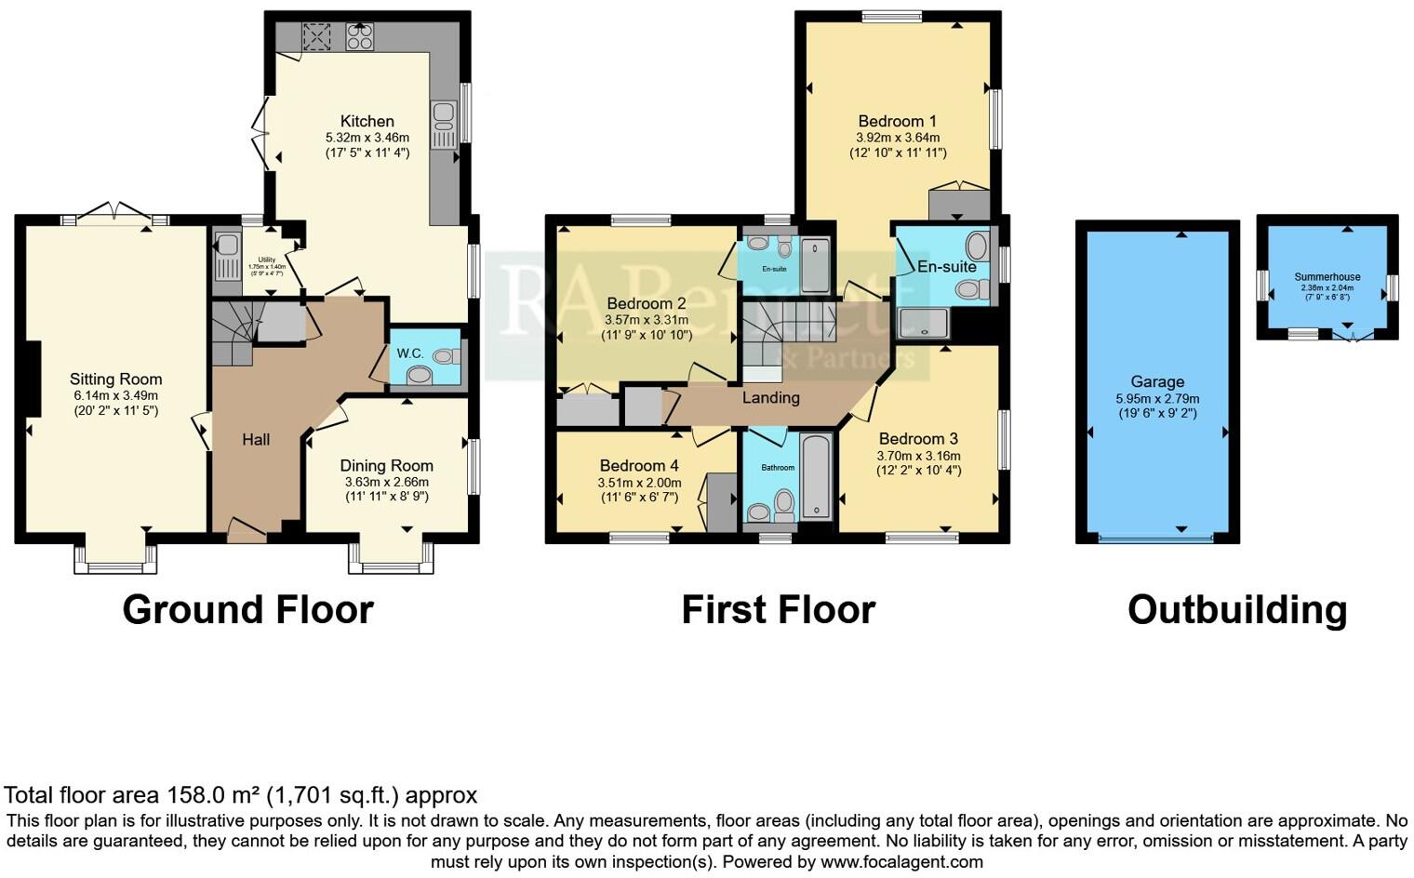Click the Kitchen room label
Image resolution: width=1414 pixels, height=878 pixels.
pos(367,121)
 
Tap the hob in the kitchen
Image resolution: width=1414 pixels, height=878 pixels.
pos(359,36)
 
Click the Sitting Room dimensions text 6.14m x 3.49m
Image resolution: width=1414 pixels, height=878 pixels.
pos(116,395)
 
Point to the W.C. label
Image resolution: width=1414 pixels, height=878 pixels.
pos(410,353)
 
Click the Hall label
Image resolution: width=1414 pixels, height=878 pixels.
pos(256,439)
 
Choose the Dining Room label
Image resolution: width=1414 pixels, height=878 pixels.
pos(386,466)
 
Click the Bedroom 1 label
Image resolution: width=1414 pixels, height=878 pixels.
pos(897,121)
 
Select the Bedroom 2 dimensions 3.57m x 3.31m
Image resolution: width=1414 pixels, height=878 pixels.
pos(647,320)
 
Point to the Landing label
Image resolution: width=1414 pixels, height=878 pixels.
pos(770,397)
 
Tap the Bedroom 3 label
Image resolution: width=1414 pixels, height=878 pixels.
pos(918,439)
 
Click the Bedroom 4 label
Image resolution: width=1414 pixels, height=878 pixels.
pos(639,466)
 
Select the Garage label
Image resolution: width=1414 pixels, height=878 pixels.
pos(1157,381)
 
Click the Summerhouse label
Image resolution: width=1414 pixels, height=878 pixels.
pos(1327,277)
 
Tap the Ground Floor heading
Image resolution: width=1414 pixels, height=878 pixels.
pos(247,610)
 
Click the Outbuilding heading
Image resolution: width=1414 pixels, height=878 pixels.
pos(1237,610)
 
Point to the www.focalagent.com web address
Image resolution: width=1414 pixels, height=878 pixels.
pos(901,861)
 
